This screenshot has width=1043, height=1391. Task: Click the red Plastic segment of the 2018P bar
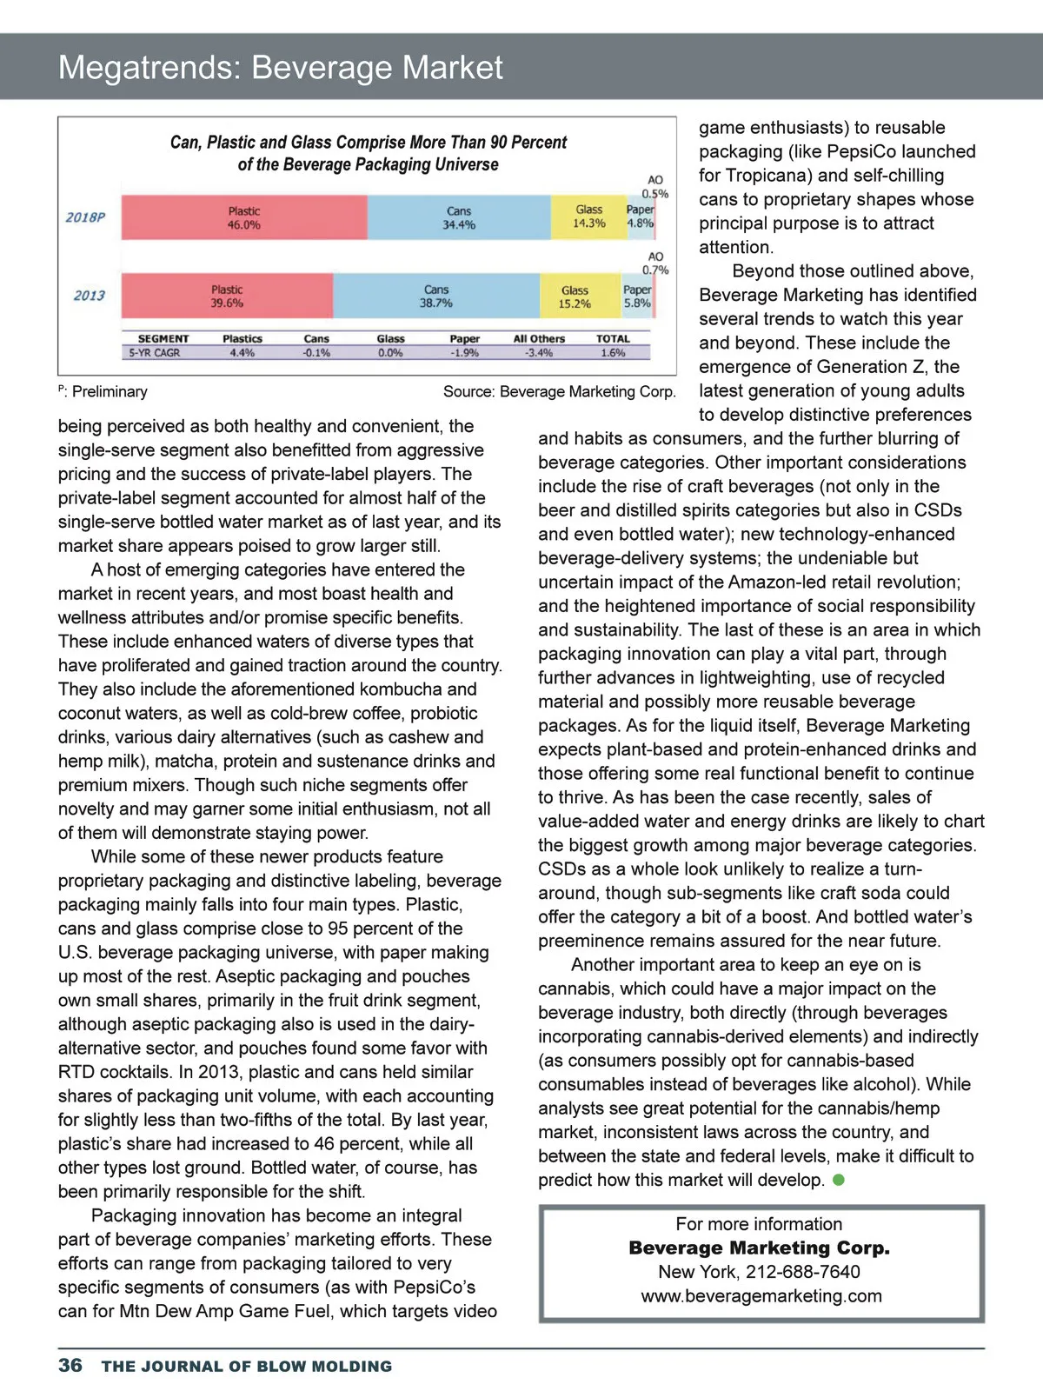coord(244,217)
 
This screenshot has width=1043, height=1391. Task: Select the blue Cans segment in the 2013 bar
coord(436,296)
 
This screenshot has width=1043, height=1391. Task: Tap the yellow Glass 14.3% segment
coord(588,216)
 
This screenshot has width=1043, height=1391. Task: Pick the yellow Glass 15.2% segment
coord(575,296)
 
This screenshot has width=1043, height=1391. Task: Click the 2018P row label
coord(85,217)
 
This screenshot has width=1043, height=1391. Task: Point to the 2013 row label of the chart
coord(89,296)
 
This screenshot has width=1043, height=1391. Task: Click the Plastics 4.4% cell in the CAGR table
coord(242,353)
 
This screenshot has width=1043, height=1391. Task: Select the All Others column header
coord(539,338)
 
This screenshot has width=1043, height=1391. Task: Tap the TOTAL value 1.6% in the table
coord(613,353)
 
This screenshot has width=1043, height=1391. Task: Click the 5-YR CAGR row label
coord(155,353)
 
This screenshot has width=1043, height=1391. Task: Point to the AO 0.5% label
coord(655,187)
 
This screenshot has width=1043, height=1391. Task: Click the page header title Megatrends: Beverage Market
coord(280,67)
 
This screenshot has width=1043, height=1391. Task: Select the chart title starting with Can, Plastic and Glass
coord(369,153)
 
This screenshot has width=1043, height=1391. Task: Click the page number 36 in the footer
coord(70,1365)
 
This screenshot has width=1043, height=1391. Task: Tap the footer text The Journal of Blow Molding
coord(247,1366)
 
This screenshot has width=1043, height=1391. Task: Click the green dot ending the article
coord(839,1180)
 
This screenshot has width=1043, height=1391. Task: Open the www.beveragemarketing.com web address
coord(761,1295)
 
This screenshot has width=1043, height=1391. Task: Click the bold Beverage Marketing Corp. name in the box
coord(760,1248)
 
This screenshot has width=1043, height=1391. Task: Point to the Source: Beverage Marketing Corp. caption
coord(559,391)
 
